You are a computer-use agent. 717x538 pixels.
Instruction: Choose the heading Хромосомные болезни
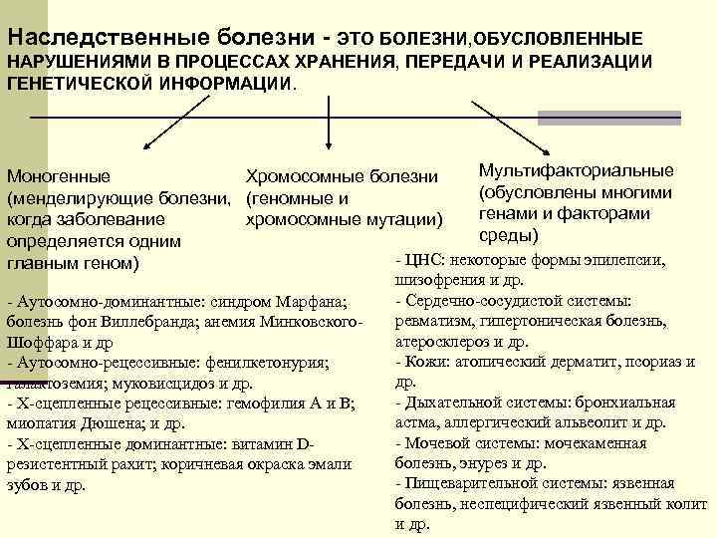pyautogui.click(x=342, y=176)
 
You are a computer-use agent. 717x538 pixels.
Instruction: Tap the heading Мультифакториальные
pyautogui.click(x=576, y=170)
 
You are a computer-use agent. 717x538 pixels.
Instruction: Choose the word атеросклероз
pyautogui.click(x=439, y=342)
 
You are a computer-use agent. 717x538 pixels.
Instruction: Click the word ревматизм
pyautogui.click(x=433, y=321)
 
